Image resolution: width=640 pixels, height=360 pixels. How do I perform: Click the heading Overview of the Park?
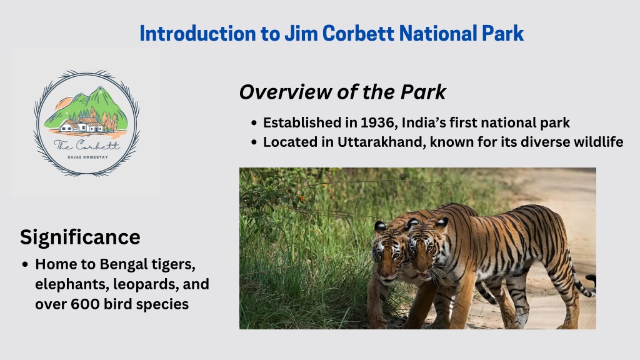click(342, 92)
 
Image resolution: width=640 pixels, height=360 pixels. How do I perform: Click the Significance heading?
click(80, 237)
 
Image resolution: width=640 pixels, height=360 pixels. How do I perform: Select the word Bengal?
click(123, 264)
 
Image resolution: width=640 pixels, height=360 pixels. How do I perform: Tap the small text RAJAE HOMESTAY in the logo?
click(87, 157)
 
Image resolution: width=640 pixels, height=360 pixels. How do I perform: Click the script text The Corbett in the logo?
click(87, 145)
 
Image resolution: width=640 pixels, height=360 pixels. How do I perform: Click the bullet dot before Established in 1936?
click(254, 123)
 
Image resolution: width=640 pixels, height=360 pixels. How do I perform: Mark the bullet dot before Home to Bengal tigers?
click(25, 264)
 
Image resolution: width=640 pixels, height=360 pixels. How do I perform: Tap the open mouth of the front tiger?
click(424, 276)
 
